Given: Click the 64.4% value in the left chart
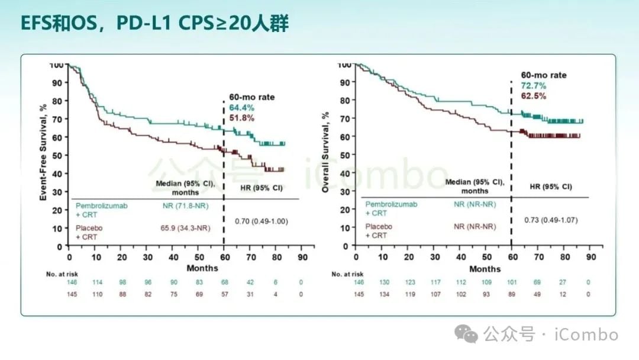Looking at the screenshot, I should click(242, 107).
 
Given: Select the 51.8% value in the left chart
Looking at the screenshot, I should click(242, 118).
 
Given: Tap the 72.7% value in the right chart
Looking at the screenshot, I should click(533, 86).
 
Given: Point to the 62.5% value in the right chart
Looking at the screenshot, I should click(533, 96).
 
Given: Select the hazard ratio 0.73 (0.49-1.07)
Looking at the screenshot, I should click(551, 220).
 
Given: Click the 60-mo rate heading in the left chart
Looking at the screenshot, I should click(252, 97).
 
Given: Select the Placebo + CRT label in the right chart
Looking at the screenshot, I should click(379, 230).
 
